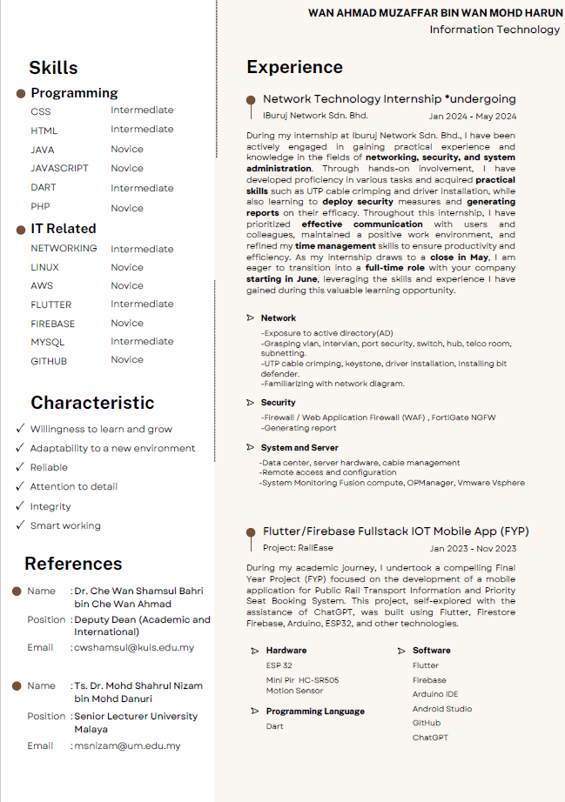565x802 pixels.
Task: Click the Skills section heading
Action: click(x=53, y=68)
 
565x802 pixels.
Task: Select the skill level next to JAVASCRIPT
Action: click(x=127, y=169)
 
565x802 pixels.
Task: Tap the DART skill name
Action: click(x=44, y=188)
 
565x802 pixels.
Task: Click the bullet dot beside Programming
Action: click(x=21, y=93)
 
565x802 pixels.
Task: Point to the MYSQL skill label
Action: click(x=48, y=343)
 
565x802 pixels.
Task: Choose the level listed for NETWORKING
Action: click(x=142, y=249)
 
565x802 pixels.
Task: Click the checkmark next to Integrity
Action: click(x=20, y=506)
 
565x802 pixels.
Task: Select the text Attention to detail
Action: click(x=74, y=487)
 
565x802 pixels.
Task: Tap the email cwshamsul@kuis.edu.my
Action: click(x=134, y=648)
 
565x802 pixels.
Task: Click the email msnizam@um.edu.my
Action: click(x=127, y=746)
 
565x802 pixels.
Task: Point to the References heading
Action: click(x=73, y=564)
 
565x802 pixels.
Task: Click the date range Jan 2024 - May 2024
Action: click(x=473, y=117)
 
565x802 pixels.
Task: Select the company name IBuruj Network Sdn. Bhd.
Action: click(x=315, y=116)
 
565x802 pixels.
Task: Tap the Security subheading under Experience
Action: click(x=278, y=403)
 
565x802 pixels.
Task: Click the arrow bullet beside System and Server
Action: click(x=251, y=448)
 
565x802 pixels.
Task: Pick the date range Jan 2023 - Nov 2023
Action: click(x=473, y=549)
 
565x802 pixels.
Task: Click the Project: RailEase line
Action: click(x=292, y=548)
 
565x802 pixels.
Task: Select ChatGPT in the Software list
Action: click(x=430, y=738)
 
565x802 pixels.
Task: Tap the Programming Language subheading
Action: click(x=315, y=712)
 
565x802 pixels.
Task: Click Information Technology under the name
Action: click(x=494, y=30)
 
